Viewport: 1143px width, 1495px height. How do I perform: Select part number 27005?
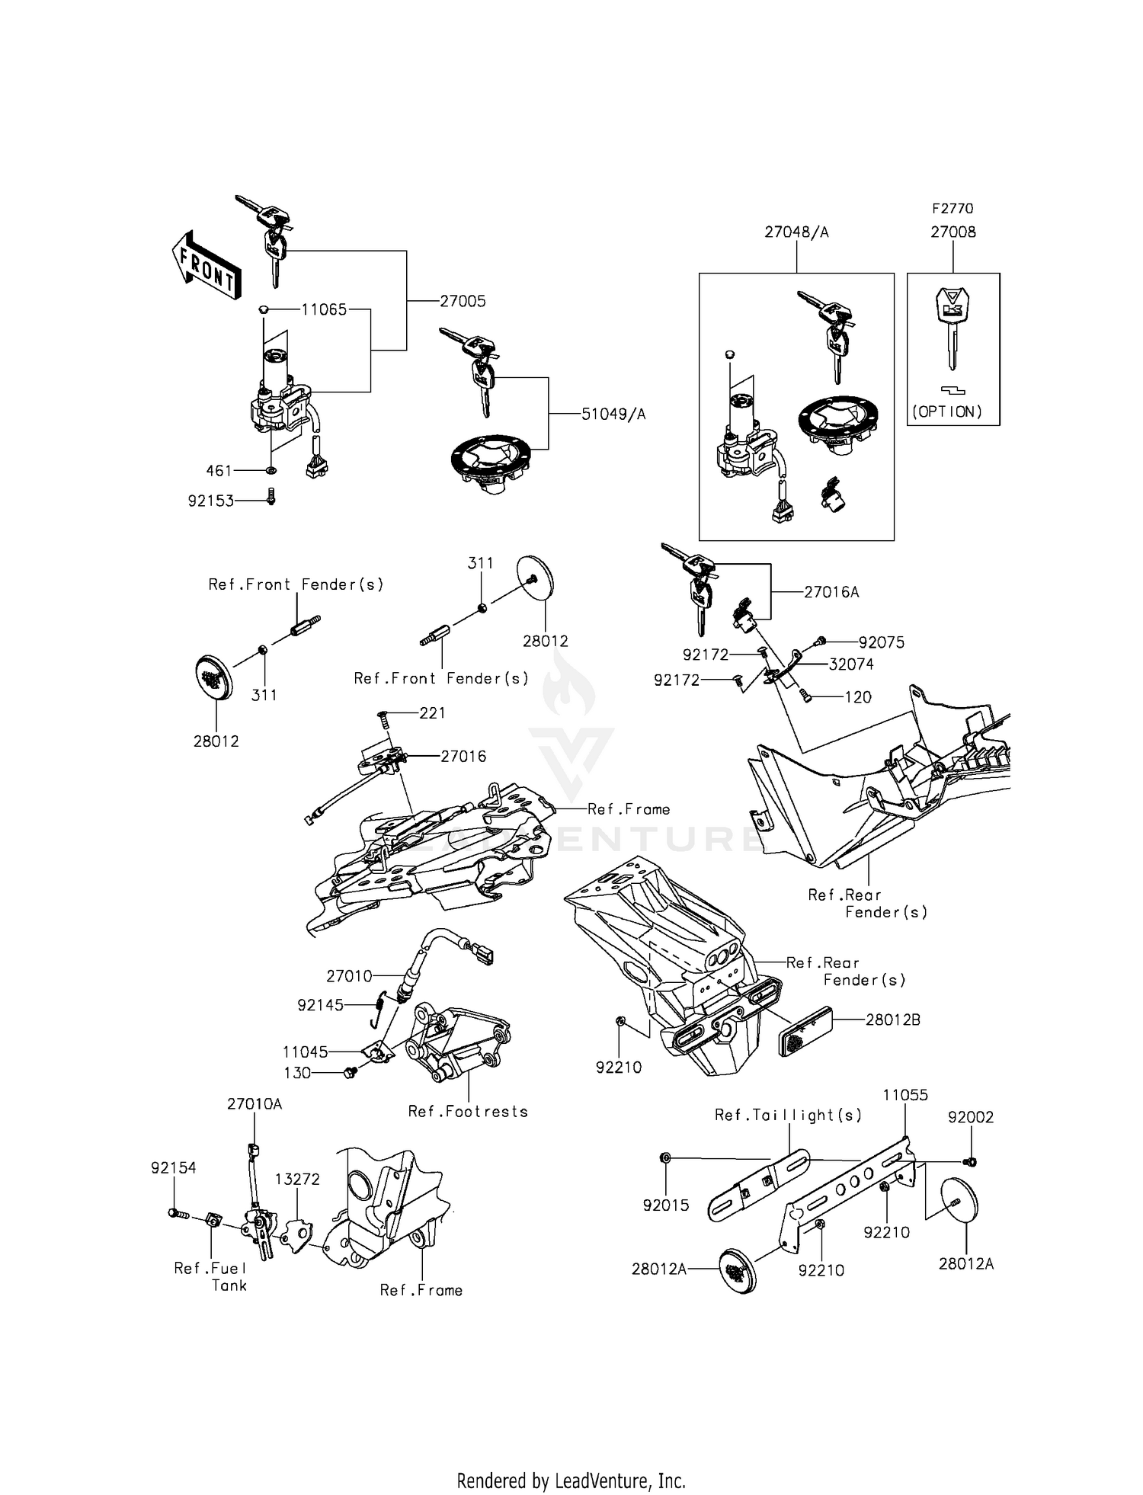463,301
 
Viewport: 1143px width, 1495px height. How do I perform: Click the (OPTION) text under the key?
947,411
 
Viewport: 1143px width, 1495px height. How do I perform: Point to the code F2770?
952,208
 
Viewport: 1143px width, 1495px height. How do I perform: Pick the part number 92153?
211,501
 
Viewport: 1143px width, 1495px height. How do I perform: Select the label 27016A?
831,592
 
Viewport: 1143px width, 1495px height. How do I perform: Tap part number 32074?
851,664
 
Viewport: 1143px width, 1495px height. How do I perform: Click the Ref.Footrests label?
468,1111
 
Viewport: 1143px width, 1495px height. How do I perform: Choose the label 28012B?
892,1020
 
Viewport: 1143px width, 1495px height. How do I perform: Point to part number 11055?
905,1095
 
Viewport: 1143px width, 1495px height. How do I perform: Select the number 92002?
971,1117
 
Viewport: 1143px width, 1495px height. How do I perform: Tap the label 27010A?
254,1104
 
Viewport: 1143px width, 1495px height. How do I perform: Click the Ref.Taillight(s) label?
788,1115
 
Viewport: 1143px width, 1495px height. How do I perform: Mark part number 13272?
297,1179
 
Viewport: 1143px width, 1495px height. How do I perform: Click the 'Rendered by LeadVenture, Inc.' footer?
571,1459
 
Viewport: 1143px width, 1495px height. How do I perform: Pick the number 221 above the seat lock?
432,713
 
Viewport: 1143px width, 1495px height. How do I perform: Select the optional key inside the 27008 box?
952,326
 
